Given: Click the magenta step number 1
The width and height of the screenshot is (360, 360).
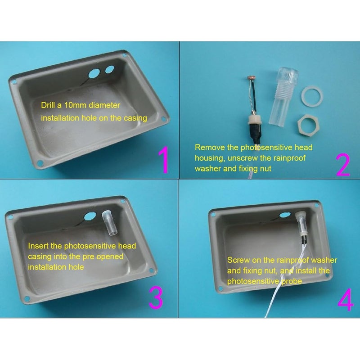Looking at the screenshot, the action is [164, 160].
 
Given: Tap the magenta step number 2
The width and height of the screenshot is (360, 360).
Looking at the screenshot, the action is [343, 165].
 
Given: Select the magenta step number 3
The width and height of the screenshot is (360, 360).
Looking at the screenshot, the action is [156, 298].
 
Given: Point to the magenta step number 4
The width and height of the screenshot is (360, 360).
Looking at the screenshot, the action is [346, 299].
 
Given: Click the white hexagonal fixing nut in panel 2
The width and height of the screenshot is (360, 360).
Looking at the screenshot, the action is [308, 124].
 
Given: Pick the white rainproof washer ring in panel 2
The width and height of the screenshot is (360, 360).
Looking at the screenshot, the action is [312, 95].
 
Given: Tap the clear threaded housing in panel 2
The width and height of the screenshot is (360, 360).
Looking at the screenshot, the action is [283, 96].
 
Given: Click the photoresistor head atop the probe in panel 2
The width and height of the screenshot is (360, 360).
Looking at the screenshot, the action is [249, 78].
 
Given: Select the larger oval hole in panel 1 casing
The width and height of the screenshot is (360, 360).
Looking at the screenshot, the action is [93, 73].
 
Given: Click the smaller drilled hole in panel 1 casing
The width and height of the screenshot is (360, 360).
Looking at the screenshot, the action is [110, 69].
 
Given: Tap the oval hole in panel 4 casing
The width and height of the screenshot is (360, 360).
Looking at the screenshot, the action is [285, 215].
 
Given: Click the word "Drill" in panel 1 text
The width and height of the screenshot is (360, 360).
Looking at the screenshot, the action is [48, 105].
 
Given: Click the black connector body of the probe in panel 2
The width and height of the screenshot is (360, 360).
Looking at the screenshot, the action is [255, 133].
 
